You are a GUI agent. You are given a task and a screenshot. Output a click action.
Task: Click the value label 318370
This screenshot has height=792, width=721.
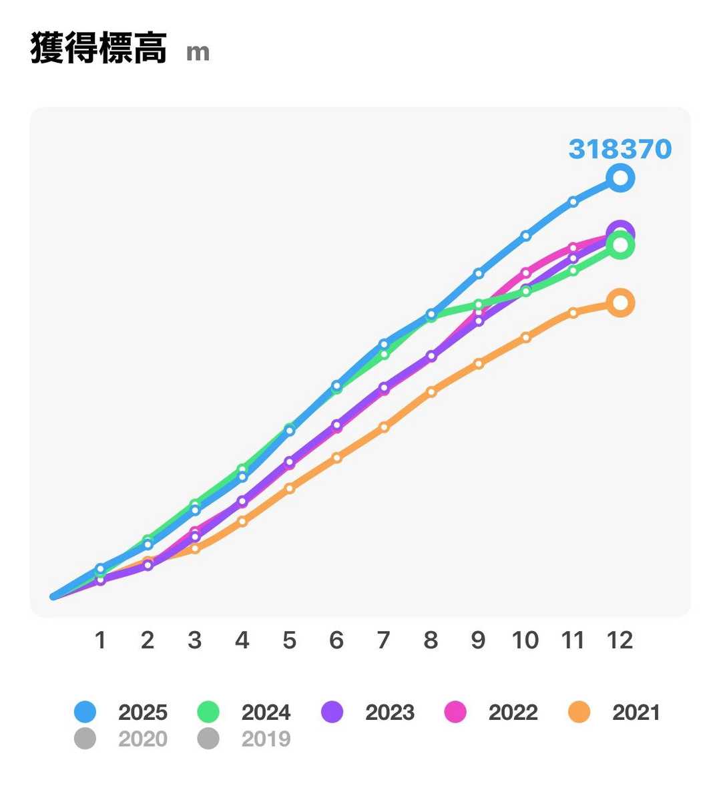click(620, 149)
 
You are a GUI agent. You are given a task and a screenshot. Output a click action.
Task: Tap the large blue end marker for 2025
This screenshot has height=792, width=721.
click(620, 178)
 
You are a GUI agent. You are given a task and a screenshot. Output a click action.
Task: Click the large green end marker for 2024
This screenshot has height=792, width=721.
click(620, 246)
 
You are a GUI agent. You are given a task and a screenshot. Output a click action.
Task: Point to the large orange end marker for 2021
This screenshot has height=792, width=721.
click(620, 303)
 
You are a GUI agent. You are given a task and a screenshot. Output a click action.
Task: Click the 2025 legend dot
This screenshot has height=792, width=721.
click(85, 712)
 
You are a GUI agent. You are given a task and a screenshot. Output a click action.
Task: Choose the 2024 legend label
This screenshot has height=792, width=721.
click(266, 712)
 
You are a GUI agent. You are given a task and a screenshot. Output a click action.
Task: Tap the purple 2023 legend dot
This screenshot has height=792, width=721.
click(332, 712)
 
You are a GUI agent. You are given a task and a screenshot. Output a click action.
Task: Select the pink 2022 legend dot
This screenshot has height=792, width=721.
click(455, 712)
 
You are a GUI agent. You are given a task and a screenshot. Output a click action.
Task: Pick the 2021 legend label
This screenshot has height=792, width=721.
click(636, 712)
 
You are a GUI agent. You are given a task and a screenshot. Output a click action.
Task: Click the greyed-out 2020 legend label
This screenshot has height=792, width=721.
click(142, 739)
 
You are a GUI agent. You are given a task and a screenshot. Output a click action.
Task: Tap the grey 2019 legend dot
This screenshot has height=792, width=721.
click(208, 739)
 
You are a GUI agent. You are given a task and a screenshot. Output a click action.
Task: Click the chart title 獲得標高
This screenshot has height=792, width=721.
click(98, 49)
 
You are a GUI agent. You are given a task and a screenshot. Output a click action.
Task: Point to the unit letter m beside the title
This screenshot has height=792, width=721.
click(198, 52)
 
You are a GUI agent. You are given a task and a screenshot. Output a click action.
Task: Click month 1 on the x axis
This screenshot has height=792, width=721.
click(100, 640)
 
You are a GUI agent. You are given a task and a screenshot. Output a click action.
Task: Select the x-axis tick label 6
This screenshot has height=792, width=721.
click(336, 640)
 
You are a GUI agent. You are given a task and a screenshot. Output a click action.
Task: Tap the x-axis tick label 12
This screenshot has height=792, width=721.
click(620, 640)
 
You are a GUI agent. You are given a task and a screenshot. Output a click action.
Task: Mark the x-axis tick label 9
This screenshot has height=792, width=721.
click(478, 640)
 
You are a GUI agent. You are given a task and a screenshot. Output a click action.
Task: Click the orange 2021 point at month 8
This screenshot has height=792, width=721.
click(431, 391)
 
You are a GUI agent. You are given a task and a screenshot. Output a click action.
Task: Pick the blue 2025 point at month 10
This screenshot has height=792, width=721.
click(526, 235)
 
